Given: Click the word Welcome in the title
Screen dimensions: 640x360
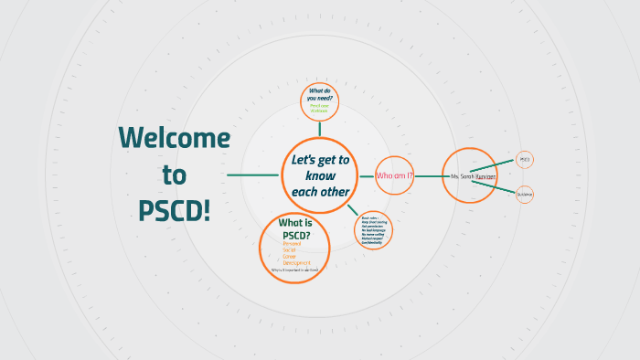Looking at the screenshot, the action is (174, 138).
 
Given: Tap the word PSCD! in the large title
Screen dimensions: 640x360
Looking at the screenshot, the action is (174, 209).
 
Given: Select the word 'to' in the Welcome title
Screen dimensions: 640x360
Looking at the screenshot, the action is (174, 174).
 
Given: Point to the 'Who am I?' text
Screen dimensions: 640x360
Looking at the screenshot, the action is (395, 175).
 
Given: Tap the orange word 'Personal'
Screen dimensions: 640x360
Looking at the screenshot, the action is (292, 244).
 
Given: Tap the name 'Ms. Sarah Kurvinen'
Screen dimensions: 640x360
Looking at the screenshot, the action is (473, 175).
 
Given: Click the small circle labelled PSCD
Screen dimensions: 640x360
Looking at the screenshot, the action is (525, 160).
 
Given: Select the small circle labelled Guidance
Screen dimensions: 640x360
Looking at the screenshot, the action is (525, 194).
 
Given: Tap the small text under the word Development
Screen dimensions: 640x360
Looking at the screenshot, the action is (294, 270).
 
